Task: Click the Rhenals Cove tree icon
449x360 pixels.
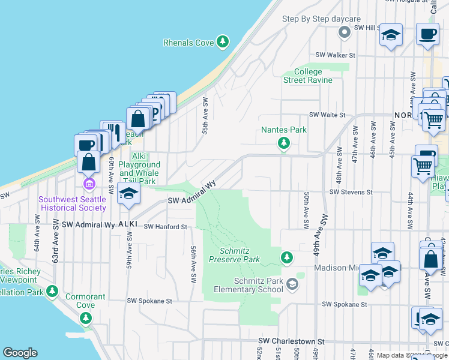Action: (x=223, y=41)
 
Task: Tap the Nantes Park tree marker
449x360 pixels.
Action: (x=284, y=143)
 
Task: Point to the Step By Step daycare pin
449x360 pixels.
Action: (x=344, y=32)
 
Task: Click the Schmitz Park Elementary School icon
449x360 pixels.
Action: (x=292, y=283)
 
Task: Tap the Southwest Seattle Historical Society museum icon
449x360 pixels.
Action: (x=89, y=183)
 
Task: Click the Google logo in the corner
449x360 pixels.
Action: (x=20, y=353)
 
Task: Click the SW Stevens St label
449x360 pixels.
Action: (x=351, y=193)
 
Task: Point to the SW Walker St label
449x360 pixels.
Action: (x=336, y=55)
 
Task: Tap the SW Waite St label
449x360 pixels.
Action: (x=327, y=115)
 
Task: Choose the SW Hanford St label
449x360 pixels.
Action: (x=166, y=227)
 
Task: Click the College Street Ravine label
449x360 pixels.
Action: (x=308, y=76)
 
